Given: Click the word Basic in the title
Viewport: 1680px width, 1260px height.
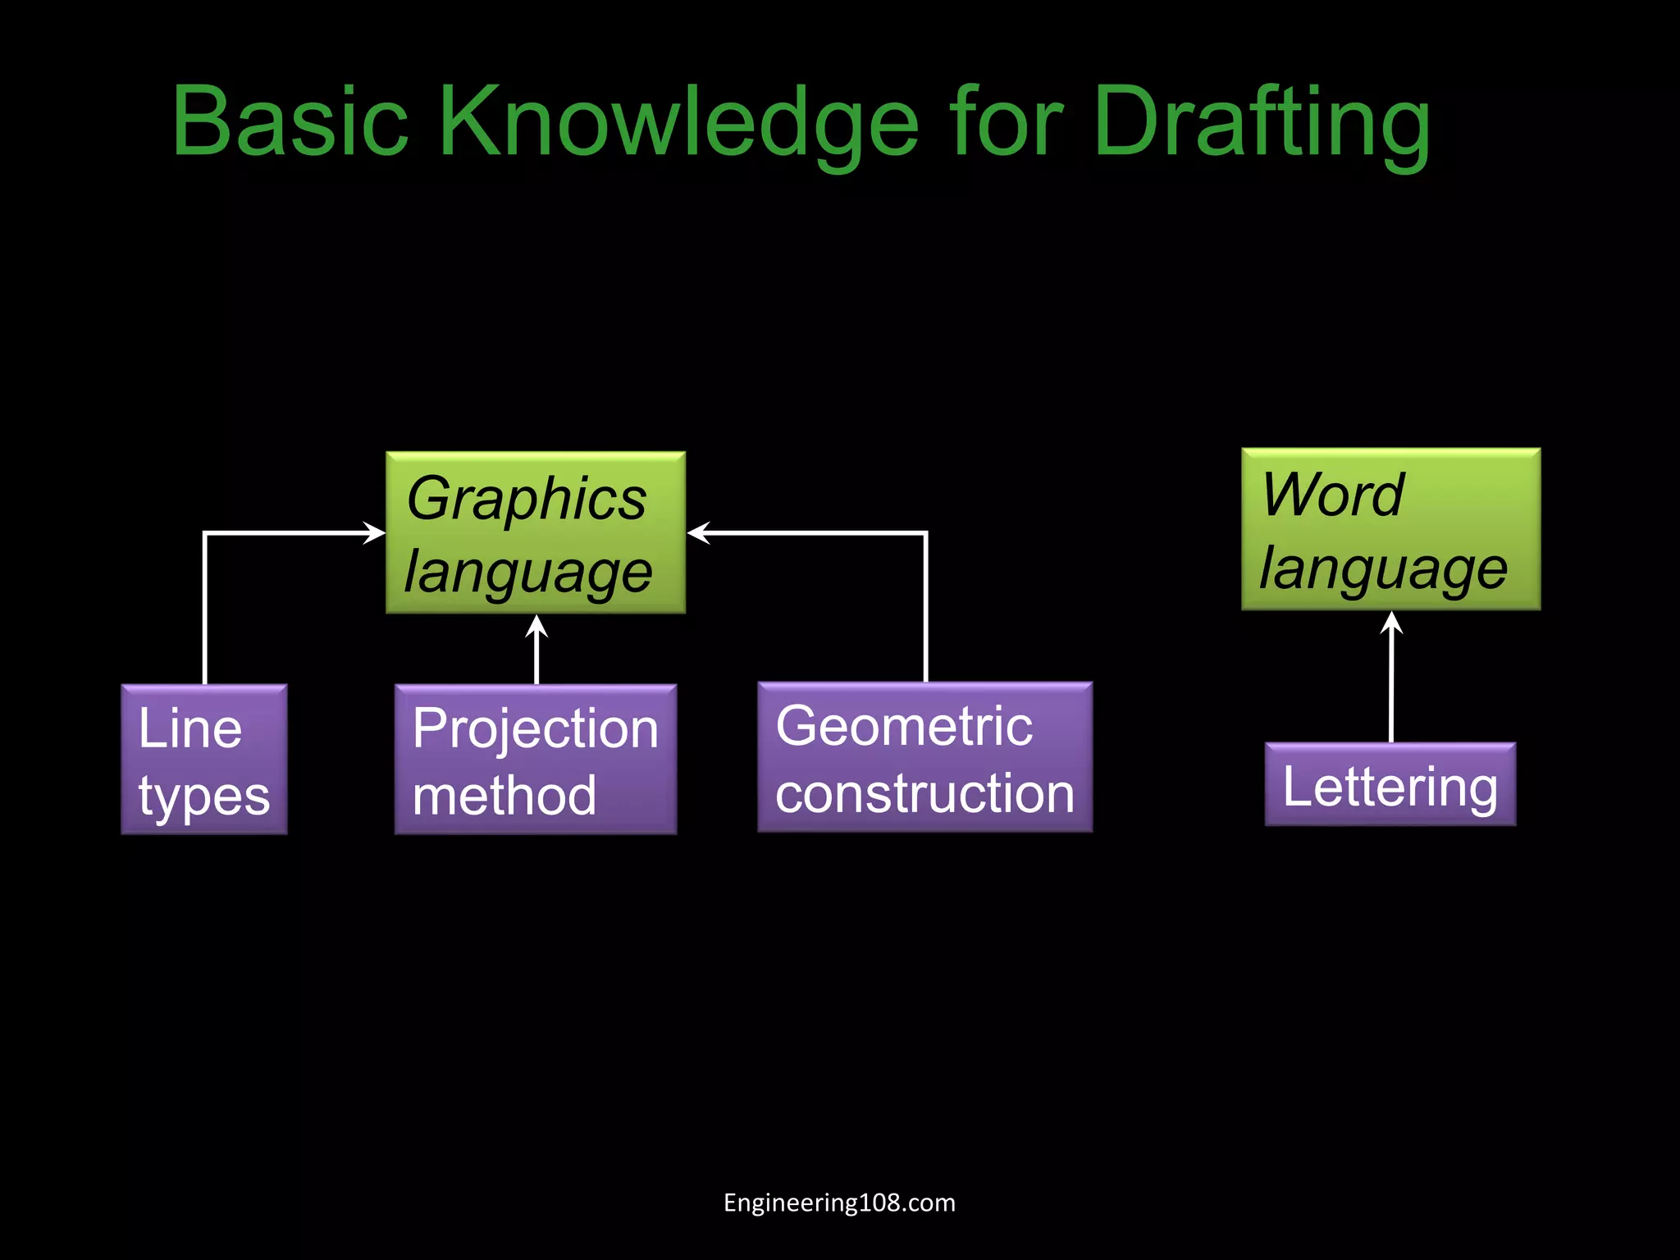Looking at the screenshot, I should pos(290,121).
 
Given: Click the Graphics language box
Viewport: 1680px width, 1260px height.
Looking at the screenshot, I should pos(536,532).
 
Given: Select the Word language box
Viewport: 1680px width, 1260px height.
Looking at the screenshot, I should pos(1390,529).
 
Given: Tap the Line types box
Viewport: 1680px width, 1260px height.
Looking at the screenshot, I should pos(204,760).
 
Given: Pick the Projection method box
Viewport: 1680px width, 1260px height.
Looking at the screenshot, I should pos(536,760).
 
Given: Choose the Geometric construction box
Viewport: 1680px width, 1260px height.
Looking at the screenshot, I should pos(924,757).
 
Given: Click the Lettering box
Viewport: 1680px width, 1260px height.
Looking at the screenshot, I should pos(1390,784).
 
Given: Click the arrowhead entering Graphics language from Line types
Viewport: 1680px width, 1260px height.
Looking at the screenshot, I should pos(375,533).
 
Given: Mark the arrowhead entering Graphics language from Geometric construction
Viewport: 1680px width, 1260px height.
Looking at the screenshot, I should pos(698,533).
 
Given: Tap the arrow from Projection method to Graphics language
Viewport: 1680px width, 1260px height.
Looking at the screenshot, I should pos(536,648).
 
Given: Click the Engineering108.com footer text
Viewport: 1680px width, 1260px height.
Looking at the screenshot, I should pos(839,1203).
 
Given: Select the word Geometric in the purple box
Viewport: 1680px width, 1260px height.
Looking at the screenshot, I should pos(904,726).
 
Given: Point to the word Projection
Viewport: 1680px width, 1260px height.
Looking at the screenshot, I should pos(536,728).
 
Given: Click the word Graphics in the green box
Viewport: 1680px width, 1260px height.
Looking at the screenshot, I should pos(527,498).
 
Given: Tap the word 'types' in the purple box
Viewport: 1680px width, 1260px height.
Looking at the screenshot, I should pos(204,796).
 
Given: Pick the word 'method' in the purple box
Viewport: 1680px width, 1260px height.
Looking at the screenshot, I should pos(504,796).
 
